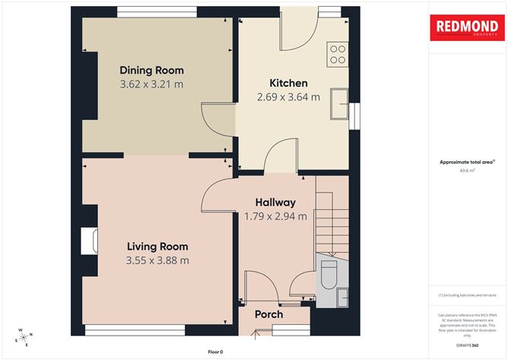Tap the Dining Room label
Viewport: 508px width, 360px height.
[151, 71]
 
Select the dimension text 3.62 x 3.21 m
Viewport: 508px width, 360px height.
[151, 84]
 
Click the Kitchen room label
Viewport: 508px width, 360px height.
[289, 83]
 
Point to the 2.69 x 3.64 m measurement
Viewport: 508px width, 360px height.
[289, 97]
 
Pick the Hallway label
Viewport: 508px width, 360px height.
[275, 202]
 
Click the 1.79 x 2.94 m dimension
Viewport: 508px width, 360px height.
[275, 216]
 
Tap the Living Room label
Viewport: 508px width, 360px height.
[157, 247]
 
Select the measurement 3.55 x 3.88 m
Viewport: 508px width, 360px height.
[157, 260]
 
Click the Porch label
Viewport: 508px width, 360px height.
[268, 314]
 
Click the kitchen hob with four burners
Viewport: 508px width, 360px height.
[338, 54]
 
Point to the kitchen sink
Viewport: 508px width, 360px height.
[339, 105]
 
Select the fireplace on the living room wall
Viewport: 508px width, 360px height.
[90, 241]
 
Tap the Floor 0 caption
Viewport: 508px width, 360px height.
[215, 352]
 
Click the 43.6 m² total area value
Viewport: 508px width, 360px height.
[467, 171]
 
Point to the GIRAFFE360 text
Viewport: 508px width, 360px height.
[467, 345]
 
